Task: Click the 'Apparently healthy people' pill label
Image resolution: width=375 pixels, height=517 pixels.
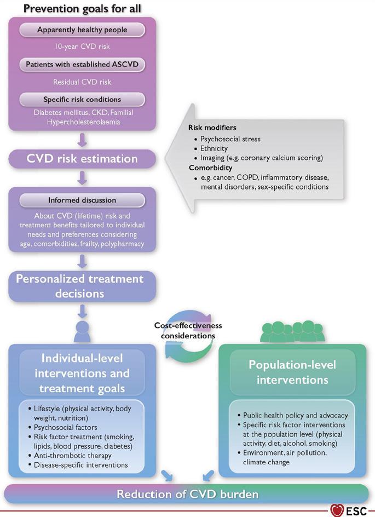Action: tap(82, 30)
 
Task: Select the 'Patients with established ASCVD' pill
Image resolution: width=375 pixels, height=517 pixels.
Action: tap(82, 64)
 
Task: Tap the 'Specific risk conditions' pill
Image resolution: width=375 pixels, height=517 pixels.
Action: tap(82, 100)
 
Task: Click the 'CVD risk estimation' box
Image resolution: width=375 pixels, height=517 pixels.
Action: tap(82, 159)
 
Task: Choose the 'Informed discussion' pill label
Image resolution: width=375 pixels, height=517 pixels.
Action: tap(82, 200)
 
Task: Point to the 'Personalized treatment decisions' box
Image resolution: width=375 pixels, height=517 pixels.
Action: tap(82, 286)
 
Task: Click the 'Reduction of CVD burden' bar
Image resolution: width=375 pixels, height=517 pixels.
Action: tap(187, 494)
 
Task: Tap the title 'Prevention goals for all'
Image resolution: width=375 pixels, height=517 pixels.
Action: tap(82, 8)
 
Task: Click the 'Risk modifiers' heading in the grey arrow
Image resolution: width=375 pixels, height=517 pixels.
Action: tap(212, 128)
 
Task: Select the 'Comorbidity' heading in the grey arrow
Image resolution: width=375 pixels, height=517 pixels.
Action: tap(211, 168)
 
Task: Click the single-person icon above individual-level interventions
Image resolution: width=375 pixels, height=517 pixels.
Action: tap(82, 331)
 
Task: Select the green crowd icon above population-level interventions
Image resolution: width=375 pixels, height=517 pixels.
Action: tap(293, 331)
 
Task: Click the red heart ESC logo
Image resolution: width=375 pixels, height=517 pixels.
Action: tap(337, 511)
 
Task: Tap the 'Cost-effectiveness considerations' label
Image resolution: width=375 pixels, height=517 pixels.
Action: tap(188, 330)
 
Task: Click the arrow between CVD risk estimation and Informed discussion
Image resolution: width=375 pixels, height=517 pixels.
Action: tap(82, 177)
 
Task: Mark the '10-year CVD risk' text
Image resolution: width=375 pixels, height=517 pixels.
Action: tap(82, 47)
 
